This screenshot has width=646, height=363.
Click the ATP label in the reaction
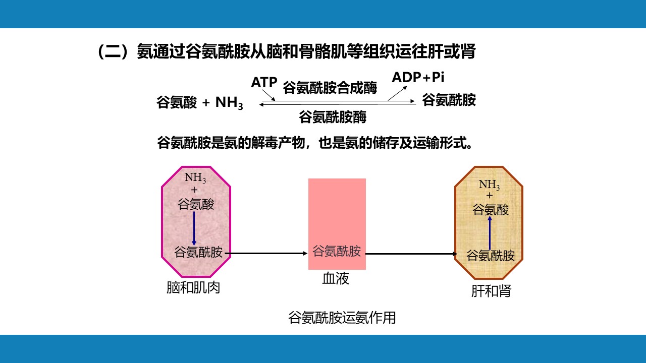point(264,82)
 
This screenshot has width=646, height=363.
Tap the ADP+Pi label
point(418,77)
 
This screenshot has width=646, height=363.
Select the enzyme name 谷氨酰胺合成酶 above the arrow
point(330,88)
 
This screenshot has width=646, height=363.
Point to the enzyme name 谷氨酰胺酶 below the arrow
point(333,116)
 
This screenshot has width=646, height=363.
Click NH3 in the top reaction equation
point(229,103)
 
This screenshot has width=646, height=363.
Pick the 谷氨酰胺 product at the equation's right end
point(449,100)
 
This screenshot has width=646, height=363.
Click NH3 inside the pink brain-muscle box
point(195,177)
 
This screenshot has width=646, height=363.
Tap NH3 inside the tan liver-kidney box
point(489,185)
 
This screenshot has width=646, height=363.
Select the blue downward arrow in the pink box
point(194,228)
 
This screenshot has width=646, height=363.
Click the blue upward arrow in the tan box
point(490,233)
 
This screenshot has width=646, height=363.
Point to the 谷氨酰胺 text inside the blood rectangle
point(337,251)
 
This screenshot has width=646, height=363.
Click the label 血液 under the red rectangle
point(336,278)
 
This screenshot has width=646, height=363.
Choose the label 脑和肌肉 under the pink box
point(193,287)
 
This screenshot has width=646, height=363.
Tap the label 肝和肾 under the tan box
point(491,291)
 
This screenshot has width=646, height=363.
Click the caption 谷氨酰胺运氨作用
point(342,318)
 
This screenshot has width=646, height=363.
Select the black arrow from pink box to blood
point(266,254)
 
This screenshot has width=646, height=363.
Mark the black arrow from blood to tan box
point(411,254)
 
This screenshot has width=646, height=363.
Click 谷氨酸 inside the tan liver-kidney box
point(490,210)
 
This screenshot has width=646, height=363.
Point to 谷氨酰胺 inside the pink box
point(198,252)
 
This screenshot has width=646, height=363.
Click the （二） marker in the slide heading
point(117,51)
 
